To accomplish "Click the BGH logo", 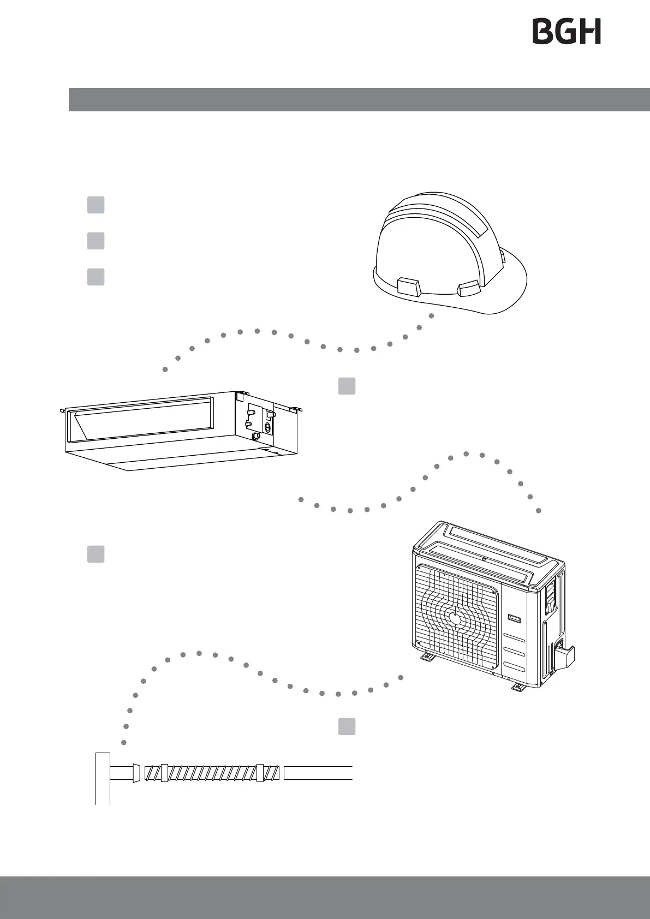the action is pyautogui.click(x=566, y=32).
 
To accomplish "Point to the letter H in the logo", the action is pyautogui.click(x=591, y=32).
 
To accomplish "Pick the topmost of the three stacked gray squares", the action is pyautogui.click(x=96, y=205).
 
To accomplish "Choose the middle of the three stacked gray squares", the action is pyautogui.click(x=96, y=241).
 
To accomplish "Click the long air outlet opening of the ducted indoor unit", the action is pyautogui.click(x=139, y=420).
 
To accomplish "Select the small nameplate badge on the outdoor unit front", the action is pyautogui.click(x=515, y=618).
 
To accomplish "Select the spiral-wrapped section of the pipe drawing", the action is pyautogui.click(x=210, y=773).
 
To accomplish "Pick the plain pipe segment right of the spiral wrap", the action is pyautogui.click(x=318, y=773).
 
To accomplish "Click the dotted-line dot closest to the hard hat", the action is pyautogui.click(x=432, y=315).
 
